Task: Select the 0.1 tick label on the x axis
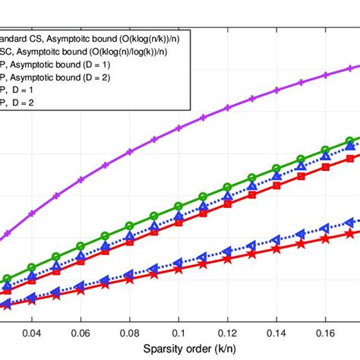pos(178,332)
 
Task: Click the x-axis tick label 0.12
pos(227,332)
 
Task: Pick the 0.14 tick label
pos(276,332)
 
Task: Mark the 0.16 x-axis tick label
pos(326,332)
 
